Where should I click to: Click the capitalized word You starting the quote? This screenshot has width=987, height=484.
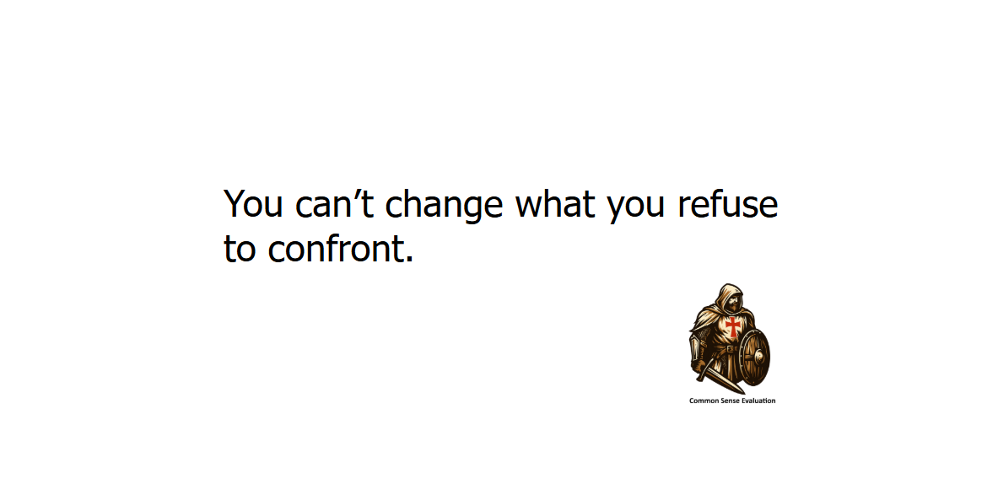[x=253, y=205]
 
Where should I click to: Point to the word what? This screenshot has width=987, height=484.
[x=555, y=203]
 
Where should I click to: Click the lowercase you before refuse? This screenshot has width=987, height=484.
[x=636, y=208]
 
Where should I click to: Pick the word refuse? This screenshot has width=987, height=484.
[x=728, y=203]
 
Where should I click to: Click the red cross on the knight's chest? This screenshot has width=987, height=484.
[x=732, y=326]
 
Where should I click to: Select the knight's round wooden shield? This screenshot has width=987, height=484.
[x=754, y=356]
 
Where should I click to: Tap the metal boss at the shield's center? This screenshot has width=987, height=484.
[x=758, y=357]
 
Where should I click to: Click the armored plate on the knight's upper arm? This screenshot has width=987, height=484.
[x=696, y=347]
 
